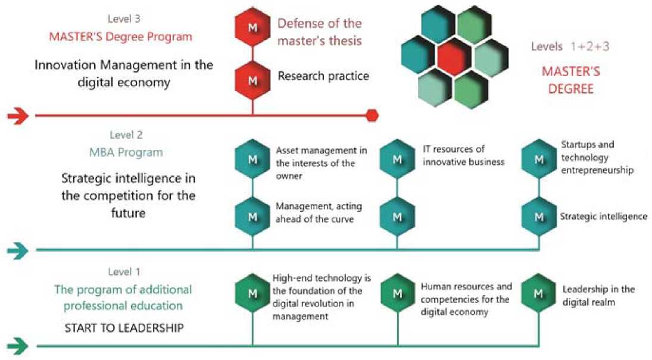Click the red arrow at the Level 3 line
18,115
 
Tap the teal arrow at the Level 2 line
18,251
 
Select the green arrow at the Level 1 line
18,346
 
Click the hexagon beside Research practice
252,80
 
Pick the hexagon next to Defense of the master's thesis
252,27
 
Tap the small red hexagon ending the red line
372,115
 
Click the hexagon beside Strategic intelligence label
539,217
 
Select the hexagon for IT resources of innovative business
398,159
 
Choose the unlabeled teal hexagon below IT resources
398,217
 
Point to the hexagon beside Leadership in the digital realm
538,293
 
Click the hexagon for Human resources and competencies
398,293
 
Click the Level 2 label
126,134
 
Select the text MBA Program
126,152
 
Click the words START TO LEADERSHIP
124,328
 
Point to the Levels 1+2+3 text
570,46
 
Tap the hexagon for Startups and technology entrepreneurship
539,159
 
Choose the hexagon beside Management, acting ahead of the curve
252,217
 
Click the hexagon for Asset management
252,159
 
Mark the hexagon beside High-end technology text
252,293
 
